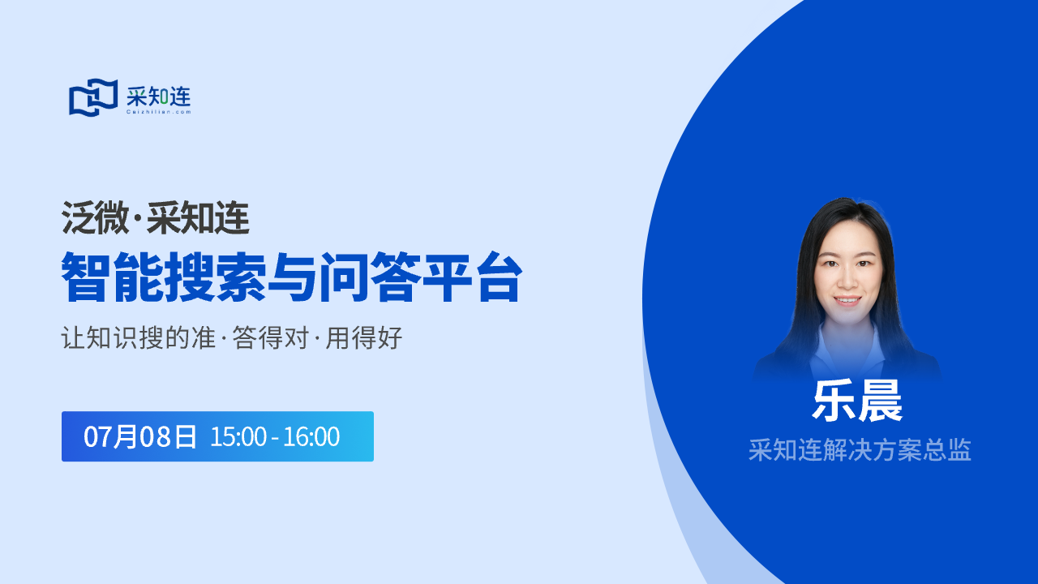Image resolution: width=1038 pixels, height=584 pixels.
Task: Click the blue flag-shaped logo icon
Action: point(93,97)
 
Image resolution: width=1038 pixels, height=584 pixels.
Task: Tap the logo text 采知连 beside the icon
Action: point(158,97)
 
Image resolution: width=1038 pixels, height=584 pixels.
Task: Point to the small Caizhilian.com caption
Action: point(158,112)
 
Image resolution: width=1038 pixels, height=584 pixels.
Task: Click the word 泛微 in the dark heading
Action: point(96,218)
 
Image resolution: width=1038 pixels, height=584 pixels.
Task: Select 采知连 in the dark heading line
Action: point(199,218)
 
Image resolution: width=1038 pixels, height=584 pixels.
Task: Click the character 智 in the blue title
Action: point(86,277)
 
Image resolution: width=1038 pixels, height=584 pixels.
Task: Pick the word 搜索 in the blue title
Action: point(215,277)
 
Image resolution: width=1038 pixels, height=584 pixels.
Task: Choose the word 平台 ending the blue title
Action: point(473,277)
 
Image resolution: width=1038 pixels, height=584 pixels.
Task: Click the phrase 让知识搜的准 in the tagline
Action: point(139,337)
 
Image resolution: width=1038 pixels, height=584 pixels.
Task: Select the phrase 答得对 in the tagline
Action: point(271,337)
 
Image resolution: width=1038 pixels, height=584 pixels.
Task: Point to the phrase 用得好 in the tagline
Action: point(364,337)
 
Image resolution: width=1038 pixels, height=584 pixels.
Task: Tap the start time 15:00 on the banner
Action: point(238,436)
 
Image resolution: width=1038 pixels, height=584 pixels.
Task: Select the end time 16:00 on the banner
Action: point(311,436)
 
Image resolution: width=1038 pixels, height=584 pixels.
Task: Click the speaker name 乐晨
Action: point(857,401)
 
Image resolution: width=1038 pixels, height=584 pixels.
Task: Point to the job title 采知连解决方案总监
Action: point(860,450)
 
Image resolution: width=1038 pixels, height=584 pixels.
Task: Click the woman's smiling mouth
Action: point(847,301)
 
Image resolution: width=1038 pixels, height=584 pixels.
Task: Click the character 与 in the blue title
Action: point(292,277)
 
